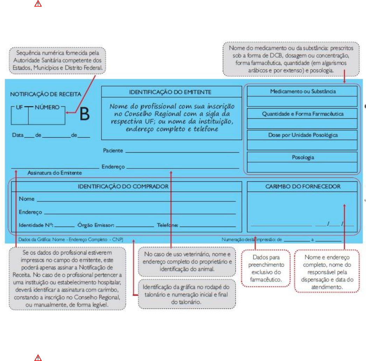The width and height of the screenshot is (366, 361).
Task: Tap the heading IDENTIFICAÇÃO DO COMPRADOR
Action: [123, 187]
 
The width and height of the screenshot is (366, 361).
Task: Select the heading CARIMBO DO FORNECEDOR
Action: [303, 187]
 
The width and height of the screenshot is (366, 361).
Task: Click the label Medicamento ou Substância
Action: [303, 91]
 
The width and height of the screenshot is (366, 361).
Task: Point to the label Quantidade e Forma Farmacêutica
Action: [303, 113]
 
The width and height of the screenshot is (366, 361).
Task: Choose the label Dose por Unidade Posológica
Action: [303, 135]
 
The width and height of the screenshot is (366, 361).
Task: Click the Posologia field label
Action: [303, 157]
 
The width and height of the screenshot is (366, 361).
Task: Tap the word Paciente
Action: [113, 151]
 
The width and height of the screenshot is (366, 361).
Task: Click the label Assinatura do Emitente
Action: [55, 173]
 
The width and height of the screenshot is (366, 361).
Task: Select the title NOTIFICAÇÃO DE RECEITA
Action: [45, 94]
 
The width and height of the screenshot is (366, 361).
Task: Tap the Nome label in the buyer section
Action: [27, 199]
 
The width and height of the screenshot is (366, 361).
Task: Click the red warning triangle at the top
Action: [38, 4]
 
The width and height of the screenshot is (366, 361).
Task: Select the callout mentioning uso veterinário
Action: [185, 263]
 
